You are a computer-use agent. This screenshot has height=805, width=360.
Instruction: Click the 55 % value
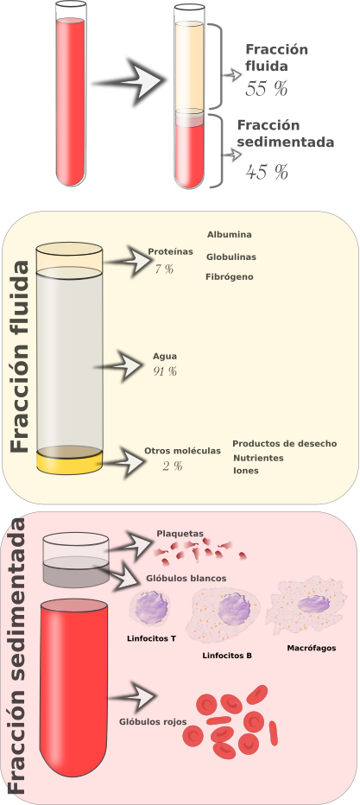click(266, 89)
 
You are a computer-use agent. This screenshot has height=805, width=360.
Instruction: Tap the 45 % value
click(267, 172)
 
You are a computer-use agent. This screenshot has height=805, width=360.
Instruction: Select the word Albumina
click(230, 235)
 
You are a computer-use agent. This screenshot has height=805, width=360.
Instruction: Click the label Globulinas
click(231, 257)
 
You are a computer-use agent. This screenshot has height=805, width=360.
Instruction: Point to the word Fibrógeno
click(230, 276)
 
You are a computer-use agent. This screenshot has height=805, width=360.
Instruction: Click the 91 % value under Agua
click(165, 371)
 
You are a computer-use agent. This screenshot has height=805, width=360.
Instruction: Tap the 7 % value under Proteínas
click(164, 268)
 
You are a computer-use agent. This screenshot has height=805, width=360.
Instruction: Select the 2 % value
click(173, 466)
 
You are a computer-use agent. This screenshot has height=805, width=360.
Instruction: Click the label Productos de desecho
click(285, 444)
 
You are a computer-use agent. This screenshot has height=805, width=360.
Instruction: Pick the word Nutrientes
click(258, 458)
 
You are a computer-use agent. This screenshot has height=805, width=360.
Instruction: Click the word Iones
click(246, 470)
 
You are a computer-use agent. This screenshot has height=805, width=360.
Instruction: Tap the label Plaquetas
click(180, 534)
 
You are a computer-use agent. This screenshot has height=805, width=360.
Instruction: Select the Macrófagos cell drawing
click(306, 605)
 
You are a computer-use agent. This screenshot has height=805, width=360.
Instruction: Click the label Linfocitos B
click(227, 656)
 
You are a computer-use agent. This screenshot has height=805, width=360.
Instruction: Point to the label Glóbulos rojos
click(153, 722)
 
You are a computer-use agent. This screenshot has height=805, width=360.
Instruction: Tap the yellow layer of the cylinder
click(70, 461)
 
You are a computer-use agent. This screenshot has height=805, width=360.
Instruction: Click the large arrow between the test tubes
click(130, 82)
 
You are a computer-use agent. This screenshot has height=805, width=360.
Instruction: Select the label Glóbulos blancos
click(186, 578)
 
